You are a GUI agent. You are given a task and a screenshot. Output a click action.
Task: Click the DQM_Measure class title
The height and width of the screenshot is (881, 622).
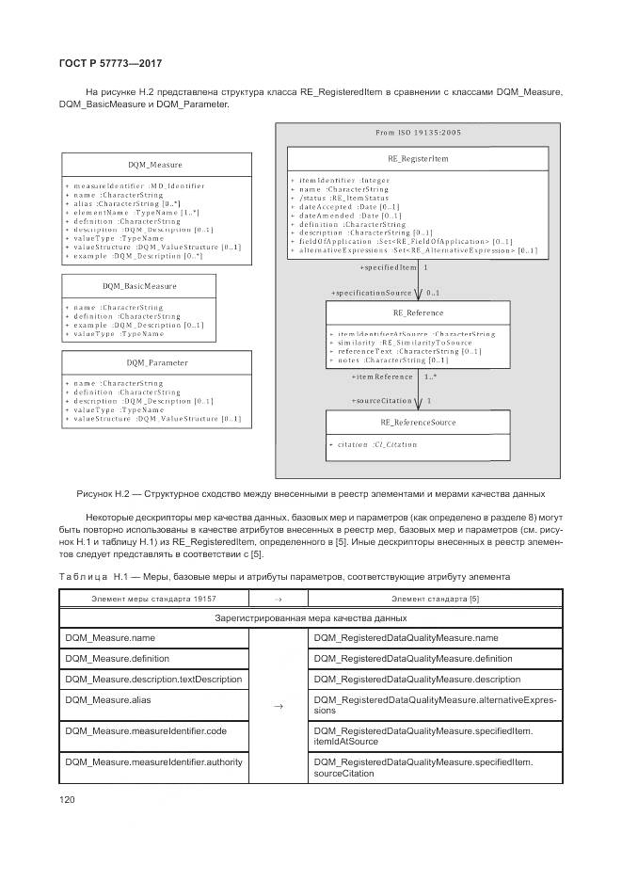(x=155, y=165)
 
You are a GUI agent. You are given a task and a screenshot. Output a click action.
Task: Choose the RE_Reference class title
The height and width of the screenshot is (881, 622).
(x=418, y=312)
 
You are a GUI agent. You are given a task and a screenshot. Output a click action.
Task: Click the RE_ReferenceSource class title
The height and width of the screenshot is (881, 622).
(x=418, y=423)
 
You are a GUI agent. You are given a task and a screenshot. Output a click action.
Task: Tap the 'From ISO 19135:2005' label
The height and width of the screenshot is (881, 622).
(x=418, y=133)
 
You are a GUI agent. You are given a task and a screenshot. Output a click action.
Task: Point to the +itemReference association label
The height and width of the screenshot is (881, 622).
(x=381, y=376)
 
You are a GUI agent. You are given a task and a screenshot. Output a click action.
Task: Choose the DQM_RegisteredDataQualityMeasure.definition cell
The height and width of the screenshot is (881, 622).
(x=413, y=658)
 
